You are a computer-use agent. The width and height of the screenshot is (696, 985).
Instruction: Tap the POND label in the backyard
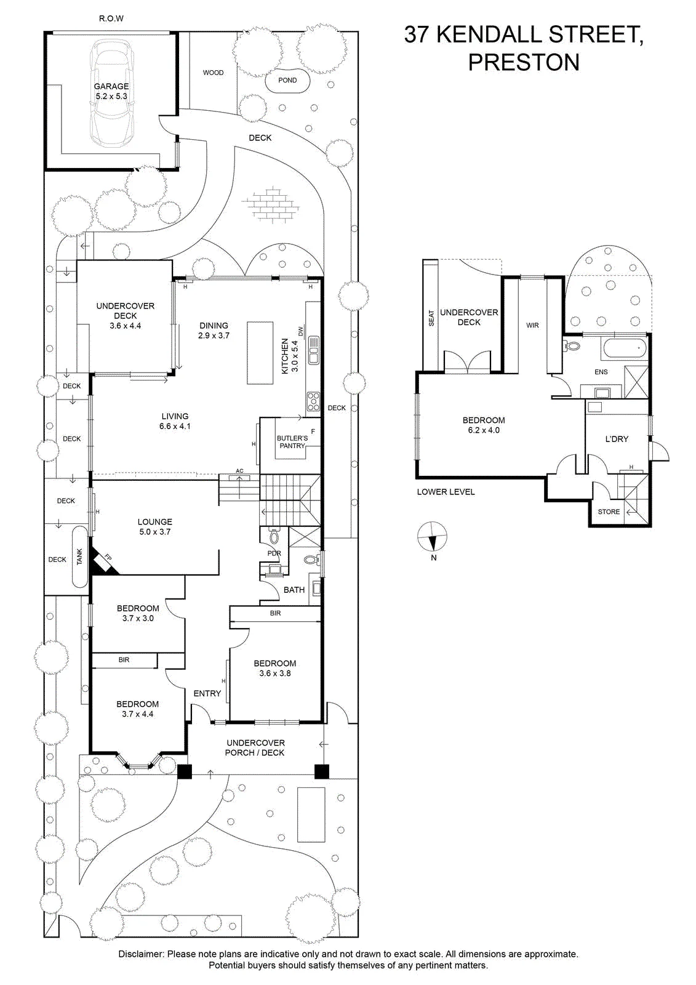point(287,80)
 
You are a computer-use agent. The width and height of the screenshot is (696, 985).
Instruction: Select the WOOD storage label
point(214,73)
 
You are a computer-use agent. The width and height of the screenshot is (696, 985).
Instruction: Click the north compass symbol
point(432,537)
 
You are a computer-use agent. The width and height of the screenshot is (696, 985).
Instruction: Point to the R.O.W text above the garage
point(111,18)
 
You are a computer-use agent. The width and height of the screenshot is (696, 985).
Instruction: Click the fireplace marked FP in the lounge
point(105,561)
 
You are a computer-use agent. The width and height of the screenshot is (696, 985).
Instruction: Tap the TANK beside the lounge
point(79,557)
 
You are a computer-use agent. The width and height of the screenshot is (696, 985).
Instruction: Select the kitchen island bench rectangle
point(257,353)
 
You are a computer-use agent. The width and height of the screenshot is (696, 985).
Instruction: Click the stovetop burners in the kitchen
point(313,401)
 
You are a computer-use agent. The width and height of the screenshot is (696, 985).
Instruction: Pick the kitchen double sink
point(313,350)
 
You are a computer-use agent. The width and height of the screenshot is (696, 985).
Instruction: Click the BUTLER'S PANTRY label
point(292,442)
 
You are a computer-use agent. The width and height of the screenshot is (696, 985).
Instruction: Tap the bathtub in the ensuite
point(625,349)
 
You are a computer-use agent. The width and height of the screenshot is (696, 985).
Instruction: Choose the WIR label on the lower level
point(532,326)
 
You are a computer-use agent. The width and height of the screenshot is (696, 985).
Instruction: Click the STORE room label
point(609,512)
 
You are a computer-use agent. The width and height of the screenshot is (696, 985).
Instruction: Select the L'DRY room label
point(617,439)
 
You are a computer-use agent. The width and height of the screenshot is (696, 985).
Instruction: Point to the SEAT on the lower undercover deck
point(431,318)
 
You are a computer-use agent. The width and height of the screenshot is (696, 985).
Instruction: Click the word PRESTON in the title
point(524,62)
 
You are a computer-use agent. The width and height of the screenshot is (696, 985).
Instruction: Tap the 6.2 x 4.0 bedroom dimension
point(484,430)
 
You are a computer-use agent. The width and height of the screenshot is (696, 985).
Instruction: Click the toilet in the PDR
point(274,536)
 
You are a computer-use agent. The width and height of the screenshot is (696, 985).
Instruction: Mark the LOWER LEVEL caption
point(446,492)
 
